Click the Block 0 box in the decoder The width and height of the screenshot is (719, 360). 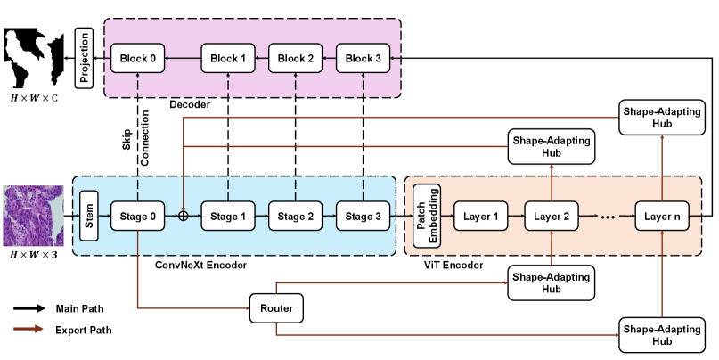click(x=138, y=59)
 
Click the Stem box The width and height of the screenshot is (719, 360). click(x=88, y=216)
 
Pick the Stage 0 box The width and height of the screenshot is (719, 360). click(x=138, y=216)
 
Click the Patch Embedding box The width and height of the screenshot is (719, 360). click(x=424, y=216)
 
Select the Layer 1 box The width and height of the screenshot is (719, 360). click(x=481, y=216)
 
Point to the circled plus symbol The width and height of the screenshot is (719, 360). click(x=183, y=216)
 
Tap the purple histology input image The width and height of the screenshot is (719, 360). click(x=34, y=215)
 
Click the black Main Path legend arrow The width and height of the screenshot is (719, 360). click(x=30, y=309)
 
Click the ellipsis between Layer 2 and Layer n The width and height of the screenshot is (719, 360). click(x=608, y=216)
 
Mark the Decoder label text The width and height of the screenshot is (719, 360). click(x=190, y=106)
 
